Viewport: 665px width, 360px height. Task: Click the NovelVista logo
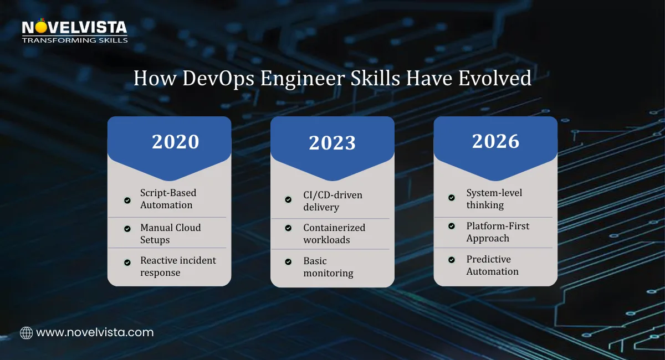click(x=75, y=32)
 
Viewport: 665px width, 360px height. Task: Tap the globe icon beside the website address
click(x=26, y=333)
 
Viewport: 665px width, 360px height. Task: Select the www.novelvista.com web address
click(x=95, y=333)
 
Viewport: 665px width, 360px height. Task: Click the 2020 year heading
click(x=175, y=142)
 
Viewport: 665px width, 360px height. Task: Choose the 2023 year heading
click(x=332, y=143)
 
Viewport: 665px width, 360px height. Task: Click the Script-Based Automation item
click(x=167, y=199)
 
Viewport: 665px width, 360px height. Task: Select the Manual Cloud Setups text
click(x=170, y=234)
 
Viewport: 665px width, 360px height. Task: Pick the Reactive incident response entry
click(x=177, y=266)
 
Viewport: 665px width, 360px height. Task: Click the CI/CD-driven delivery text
click(x=332, y=201)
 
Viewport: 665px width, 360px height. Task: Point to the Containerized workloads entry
click(x=334, y=234)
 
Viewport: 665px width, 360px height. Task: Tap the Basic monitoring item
click(x=328, y=267)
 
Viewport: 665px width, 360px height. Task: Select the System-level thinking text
click(x=494, y=199)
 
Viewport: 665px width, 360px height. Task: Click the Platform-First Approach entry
click(x=497, y=232)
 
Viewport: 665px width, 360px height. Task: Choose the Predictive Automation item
click(x=492, y=265)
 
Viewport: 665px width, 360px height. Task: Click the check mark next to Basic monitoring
click(x=288, y=261)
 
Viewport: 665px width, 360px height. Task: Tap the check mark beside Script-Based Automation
click(x=127, y=200)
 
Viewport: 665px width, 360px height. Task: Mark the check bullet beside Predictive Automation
click(x=452, y=259)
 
